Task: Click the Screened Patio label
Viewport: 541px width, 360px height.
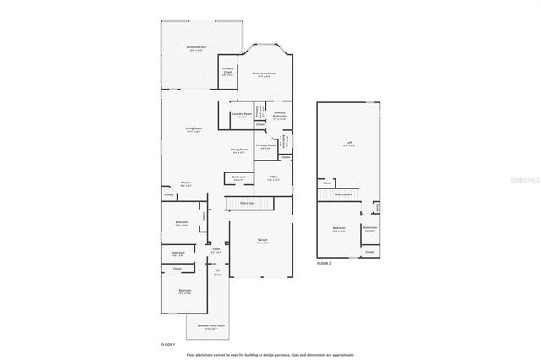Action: pos(196,48)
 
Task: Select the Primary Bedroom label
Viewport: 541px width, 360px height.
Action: pos(265,74)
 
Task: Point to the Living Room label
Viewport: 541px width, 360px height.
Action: pos(194,129)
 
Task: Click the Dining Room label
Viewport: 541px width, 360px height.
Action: pos(239,151)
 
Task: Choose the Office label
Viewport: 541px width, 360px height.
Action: pos(273,178)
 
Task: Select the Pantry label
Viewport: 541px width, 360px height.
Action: pos(169,195)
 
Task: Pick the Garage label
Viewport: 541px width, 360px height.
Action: pos(263,242)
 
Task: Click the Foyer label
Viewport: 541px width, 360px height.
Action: pos(216,250)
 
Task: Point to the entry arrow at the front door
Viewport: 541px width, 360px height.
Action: pos(217,269)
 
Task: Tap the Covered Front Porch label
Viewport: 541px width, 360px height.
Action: pos(210,326)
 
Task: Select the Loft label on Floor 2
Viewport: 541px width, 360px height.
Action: pos(348,144)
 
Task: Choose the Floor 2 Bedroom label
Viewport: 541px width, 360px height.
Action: pos(338,229)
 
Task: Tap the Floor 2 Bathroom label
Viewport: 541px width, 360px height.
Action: pos(370,228)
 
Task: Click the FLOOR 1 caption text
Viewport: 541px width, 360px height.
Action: pos(168,345)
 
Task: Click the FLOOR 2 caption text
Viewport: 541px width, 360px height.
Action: pos(324,264)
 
